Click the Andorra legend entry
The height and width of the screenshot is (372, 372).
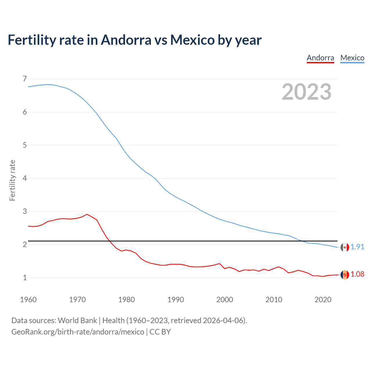click(x=320, y=58)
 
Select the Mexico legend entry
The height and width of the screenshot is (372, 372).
click(x=352, y=58)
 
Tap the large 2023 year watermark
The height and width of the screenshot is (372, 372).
click(x=307, y=92)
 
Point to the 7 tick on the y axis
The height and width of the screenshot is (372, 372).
click(x=25, y=79)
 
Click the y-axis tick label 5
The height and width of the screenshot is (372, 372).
click(x=25, y=145)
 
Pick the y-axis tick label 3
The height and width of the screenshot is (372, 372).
click(x=25, y=211)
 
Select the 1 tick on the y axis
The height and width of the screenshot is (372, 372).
click(x=25, y=278)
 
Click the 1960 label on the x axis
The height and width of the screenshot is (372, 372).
click(x=28, y=300)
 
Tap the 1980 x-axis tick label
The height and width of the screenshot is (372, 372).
click(x=126, y=300)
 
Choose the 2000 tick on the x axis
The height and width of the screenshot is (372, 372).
click(x=225, y=300)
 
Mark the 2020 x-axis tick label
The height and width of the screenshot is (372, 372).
click(x=323, y=300)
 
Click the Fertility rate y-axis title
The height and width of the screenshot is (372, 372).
click(x=12, y=180)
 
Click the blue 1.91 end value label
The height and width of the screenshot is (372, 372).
click(x=357, y=247)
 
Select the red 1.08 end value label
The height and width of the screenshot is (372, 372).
click(x=357, y=274)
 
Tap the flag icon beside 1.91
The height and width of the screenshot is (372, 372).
click(x=345, y=247)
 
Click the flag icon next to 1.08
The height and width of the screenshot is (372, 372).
click(x=345, y=275)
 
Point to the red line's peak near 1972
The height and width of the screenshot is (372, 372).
click(x=87, y=214)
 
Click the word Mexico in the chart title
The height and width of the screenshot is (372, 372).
click(x=192, y=40)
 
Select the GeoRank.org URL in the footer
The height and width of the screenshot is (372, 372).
click(x=78, y=332)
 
